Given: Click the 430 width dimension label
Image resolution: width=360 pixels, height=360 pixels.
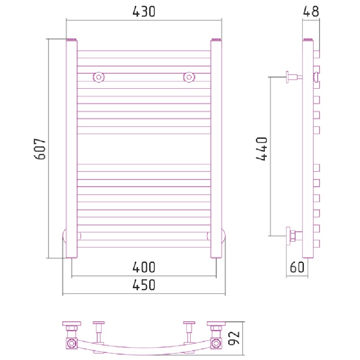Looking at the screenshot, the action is (144, 12).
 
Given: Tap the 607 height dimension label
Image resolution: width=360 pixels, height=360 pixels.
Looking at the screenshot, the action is (40, 149).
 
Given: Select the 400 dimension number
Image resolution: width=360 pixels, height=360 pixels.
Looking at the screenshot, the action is (144, 267).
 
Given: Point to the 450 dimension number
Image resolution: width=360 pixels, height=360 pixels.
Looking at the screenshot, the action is (144, 285).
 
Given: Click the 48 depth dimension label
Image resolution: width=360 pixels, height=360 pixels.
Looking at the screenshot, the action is (311, 12).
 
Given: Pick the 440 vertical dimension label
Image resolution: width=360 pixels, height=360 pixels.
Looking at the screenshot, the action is (262, 149).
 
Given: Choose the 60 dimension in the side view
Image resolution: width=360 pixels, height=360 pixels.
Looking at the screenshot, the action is (297, 267).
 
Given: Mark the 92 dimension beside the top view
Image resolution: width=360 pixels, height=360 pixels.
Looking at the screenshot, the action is (234, 338).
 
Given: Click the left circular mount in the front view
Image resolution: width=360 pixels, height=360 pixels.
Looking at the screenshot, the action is (99, 77).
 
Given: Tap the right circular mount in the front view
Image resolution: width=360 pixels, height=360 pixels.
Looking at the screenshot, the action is (189, 77).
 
